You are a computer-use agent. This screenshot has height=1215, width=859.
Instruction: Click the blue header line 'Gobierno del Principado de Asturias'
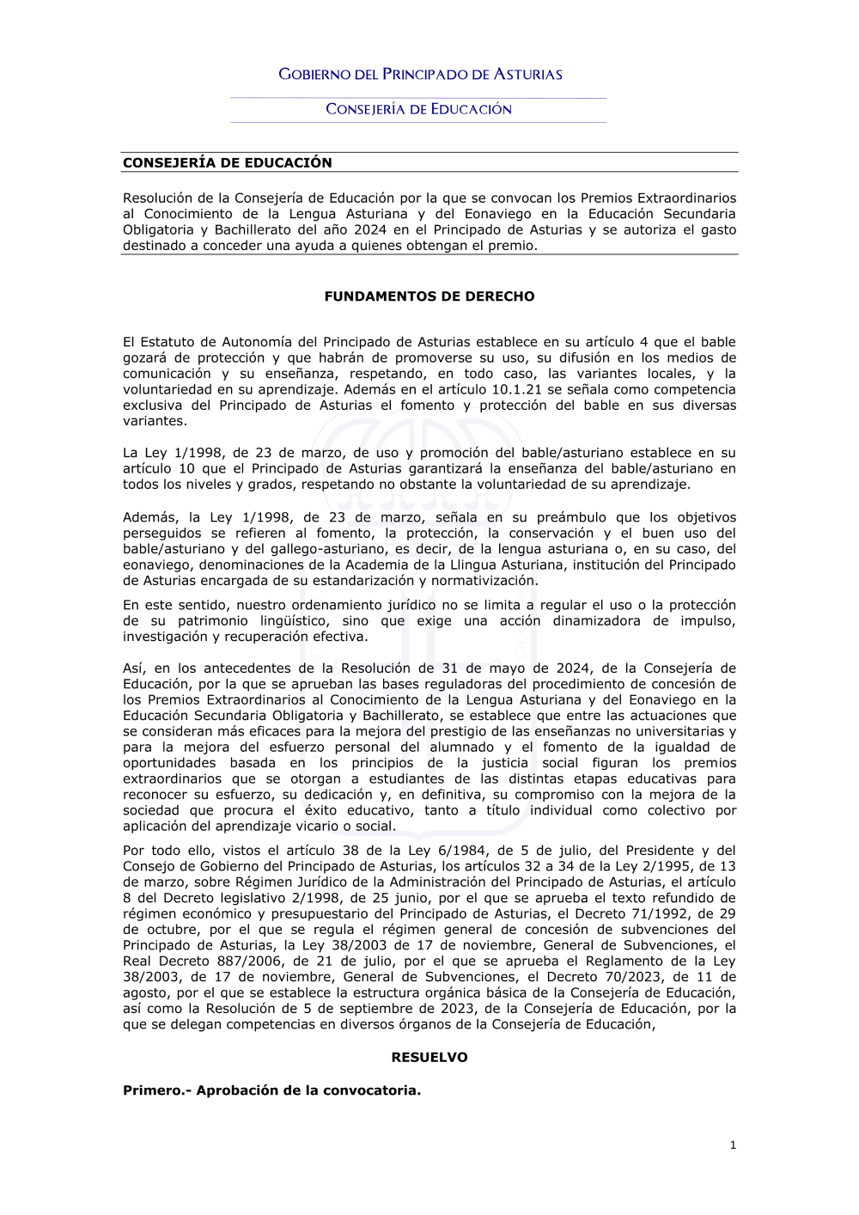[x=420, y=75]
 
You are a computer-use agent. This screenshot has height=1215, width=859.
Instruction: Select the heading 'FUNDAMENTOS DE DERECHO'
[x=429, y=296]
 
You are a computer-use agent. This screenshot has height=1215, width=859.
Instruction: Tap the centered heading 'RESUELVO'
[x=429, y=1058]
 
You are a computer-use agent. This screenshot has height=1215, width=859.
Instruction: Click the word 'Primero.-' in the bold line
[x=157, y=1090]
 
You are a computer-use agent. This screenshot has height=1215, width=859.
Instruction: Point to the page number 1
[x=733, y=1145]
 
